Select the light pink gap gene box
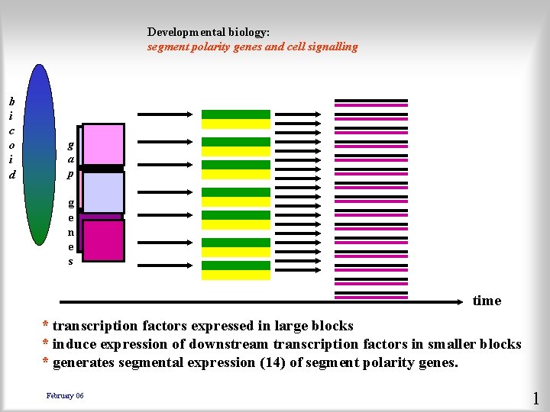103,143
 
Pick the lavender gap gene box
103,192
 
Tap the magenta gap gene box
103,240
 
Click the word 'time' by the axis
487,301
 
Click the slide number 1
535,398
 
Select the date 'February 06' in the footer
65,395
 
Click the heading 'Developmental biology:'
209,32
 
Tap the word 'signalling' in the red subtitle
329,47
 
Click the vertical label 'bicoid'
11,137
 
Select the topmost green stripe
235,114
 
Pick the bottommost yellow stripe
235,275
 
